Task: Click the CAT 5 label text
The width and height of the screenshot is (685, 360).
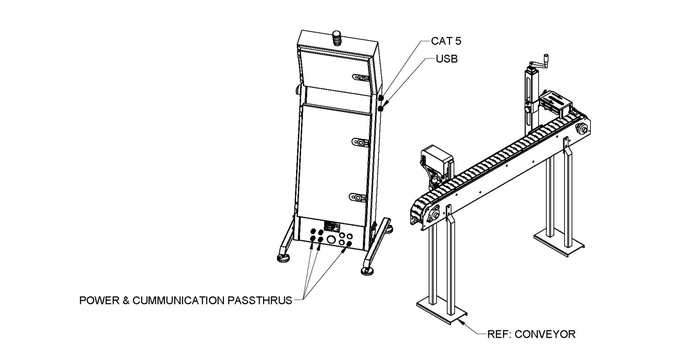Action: pyautogui.click(x=446, y=41)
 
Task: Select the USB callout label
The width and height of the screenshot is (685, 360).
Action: pyautogui.click(x=446, y=59)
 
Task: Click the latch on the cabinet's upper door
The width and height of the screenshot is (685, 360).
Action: pyautogui.click(x=359, y=77)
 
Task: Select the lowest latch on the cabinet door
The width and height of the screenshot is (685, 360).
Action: pyautogui.click(x=358, y=197)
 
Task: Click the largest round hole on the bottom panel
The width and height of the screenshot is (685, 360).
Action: pyautogui.click(x=331, y=240)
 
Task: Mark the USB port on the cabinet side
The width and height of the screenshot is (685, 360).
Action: pyautogui.click(x=381, y=108)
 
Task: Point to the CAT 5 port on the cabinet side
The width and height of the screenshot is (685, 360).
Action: pyautogui.click(x=382, y=98)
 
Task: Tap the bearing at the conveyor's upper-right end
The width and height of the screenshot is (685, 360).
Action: pyautogui.click(x=582, y=129)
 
